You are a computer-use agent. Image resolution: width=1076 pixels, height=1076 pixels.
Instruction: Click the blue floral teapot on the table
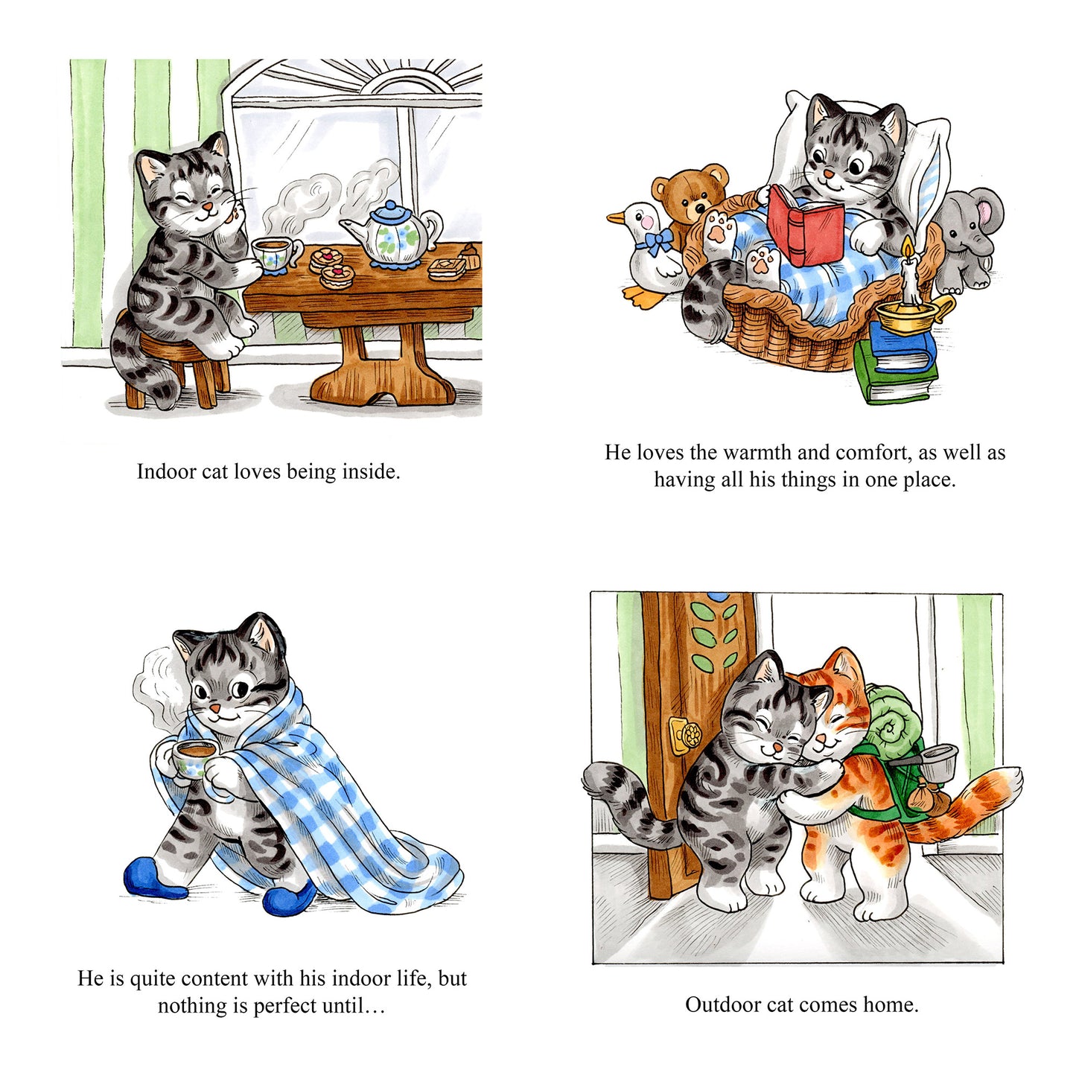tap(392, 235)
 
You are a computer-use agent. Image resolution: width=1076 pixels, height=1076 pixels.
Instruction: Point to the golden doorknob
tap(685, 736)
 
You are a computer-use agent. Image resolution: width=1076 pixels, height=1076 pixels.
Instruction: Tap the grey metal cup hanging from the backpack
tap(938, 763)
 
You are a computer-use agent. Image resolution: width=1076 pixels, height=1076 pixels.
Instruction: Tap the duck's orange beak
tap(616, 217)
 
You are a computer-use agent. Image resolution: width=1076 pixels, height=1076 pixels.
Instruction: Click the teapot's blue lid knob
tap(390, 206)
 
